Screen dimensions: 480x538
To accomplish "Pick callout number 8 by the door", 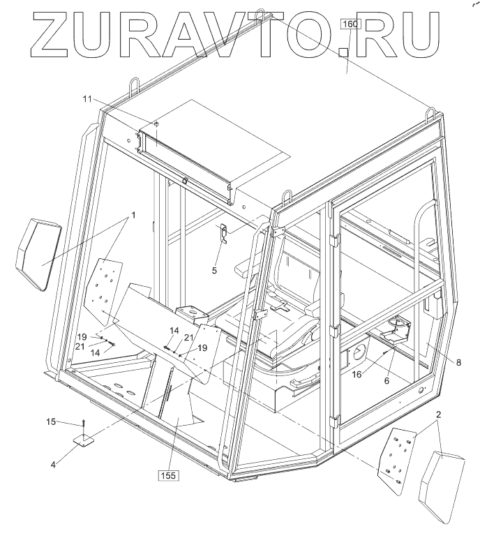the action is coord(458,362).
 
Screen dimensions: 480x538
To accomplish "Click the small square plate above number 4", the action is coord(84,442).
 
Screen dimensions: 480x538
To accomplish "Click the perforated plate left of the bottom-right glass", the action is coord(396,458).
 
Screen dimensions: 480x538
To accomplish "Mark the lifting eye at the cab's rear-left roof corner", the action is coord(132,89).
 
